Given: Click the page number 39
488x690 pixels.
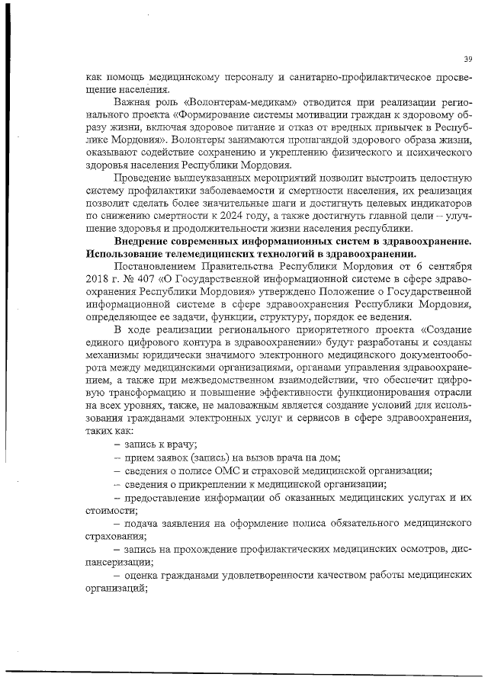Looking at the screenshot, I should [467, 59].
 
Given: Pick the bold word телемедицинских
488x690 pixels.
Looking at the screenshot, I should [197, 252].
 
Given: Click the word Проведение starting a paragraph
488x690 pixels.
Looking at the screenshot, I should [146, 178].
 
